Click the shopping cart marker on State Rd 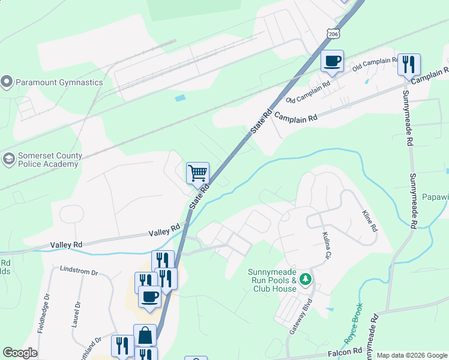(197, 174)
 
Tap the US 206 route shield (334, 34)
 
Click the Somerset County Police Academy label (50, 160)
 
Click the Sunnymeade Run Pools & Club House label (272, 280)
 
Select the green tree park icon (306, 279)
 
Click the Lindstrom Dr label (79, 272)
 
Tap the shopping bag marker (145, 335)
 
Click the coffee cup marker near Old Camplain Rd (332, 61)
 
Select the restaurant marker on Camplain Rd (409, 65)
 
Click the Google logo (20, 353)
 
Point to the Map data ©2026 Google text (411, 355)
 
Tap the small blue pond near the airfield (179, 97)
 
